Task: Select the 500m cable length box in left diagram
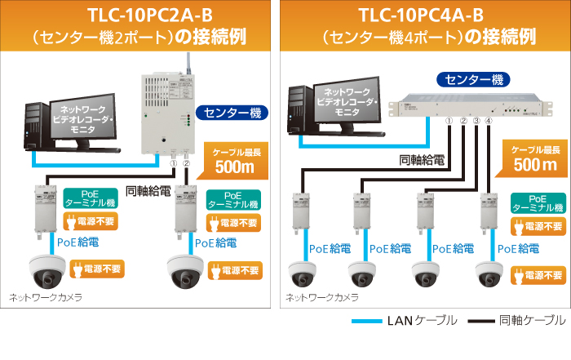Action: pos(234,160)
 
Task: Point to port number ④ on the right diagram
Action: pos(489,122)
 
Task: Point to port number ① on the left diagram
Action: pos(173,164)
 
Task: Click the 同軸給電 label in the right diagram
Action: pos(421,160)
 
